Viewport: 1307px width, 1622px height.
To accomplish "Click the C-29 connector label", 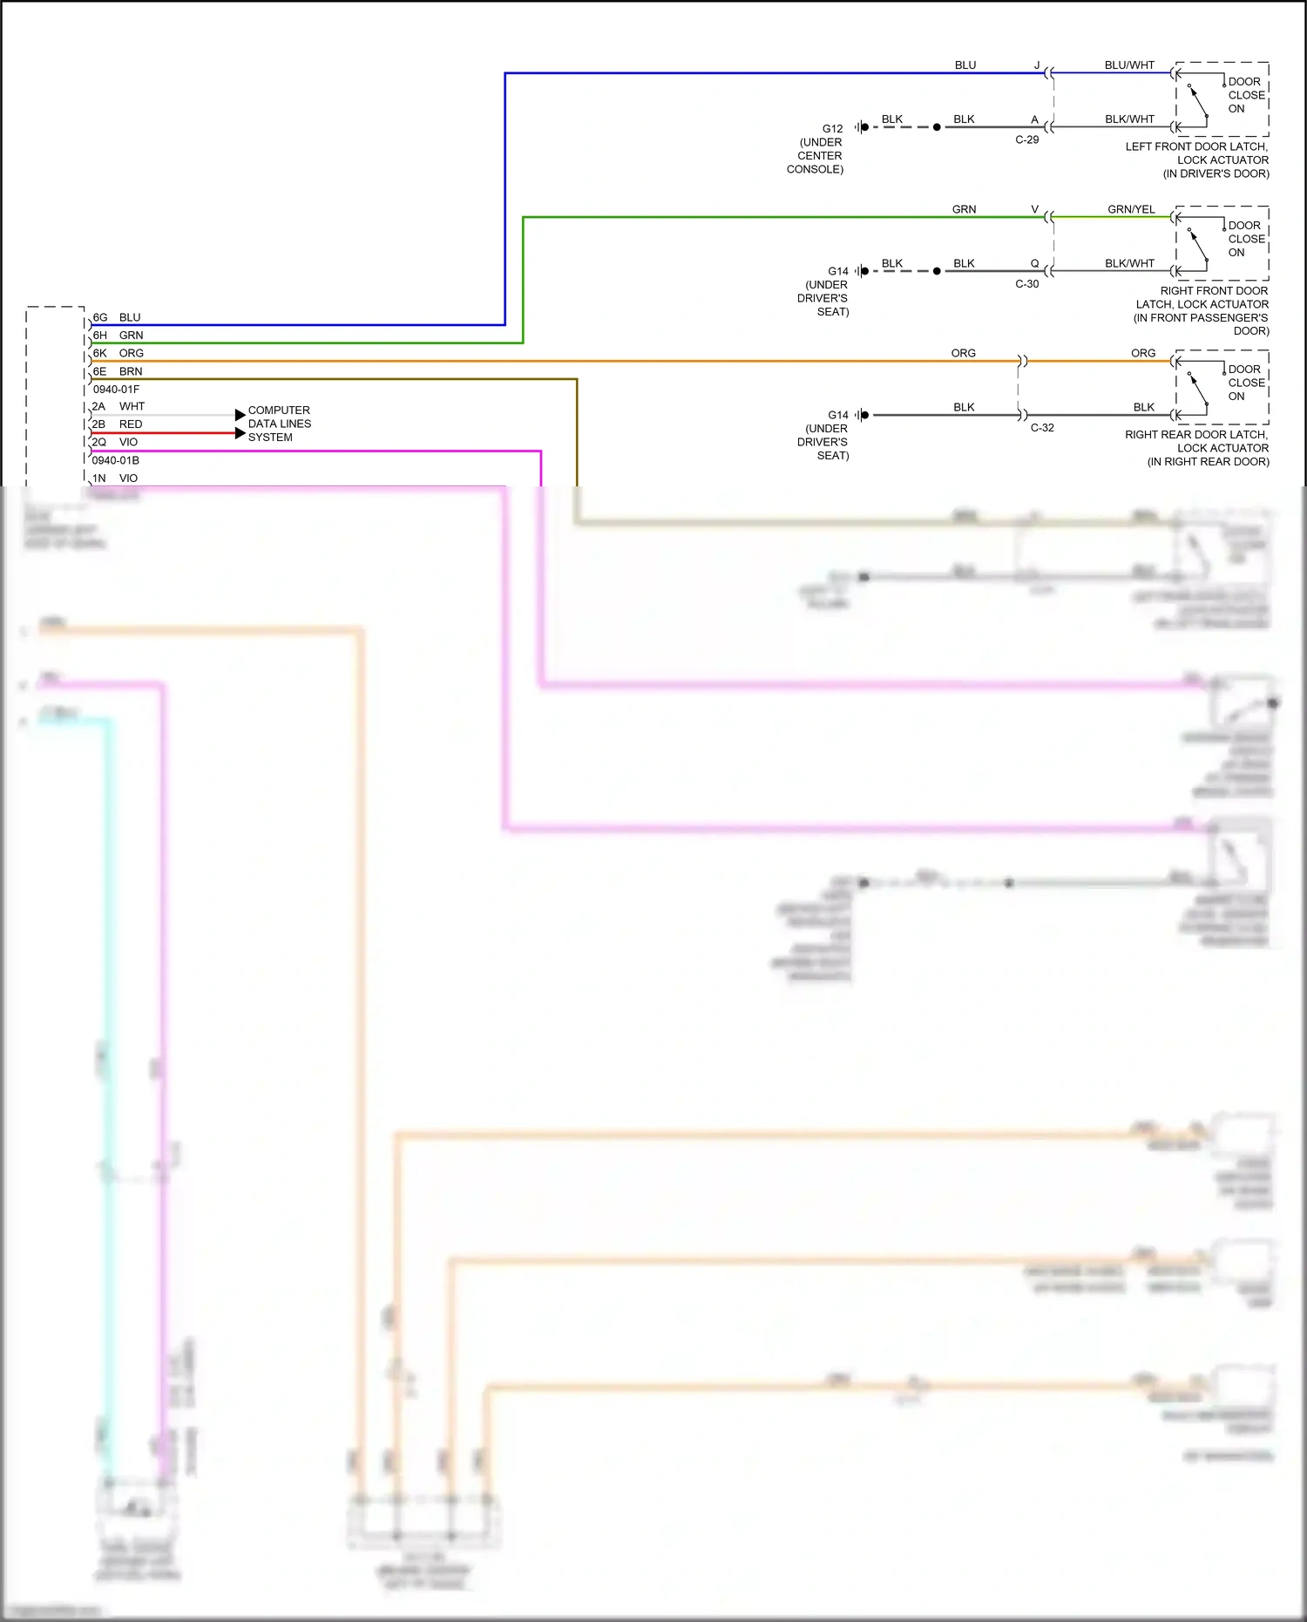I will tap(1026, 139).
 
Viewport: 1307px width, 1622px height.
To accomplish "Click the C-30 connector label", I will tap(1026, 284).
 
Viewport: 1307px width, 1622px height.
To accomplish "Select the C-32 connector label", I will tap(1041, 428).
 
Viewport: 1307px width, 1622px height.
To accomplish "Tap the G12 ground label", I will tap(832, 128).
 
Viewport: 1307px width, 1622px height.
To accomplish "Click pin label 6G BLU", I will tap(117, 317).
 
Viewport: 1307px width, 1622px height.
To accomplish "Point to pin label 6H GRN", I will tap(118, 336).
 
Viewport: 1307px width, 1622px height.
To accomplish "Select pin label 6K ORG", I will tap(118, 353).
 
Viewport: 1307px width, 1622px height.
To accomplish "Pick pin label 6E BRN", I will tap(118, 371).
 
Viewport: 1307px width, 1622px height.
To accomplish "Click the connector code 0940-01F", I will tap(116, 390).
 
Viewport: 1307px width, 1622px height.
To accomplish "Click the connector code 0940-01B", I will tap(116, 460).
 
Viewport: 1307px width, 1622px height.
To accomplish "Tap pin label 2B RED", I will tap(117, 424).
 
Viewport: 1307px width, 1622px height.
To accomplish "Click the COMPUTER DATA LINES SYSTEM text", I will tap(279, 424).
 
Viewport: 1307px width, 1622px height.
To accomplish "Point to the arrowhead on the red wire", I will tap(240, 433).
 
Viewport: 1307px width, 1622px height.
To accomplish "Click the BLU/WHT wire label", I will tap(1129, 65).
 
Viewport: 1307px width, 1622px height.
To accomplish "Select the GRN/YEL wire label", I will tap(1131, 209).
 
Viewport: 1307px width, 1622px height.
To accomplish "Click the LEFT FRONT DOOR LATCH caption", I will tap(1196, 160).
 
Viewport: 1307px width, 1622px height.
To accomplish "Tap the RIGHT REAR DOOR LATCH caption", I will tap(1196, 448).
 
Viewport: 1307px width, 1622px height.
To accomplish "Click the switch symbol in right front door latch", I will tap(1198, 246).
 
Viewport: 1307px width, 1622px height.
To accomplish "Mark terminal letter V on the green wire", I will tap(1034, 209).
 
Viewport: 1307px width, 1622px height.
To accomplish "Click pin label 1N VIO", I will tap(115, 478).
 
